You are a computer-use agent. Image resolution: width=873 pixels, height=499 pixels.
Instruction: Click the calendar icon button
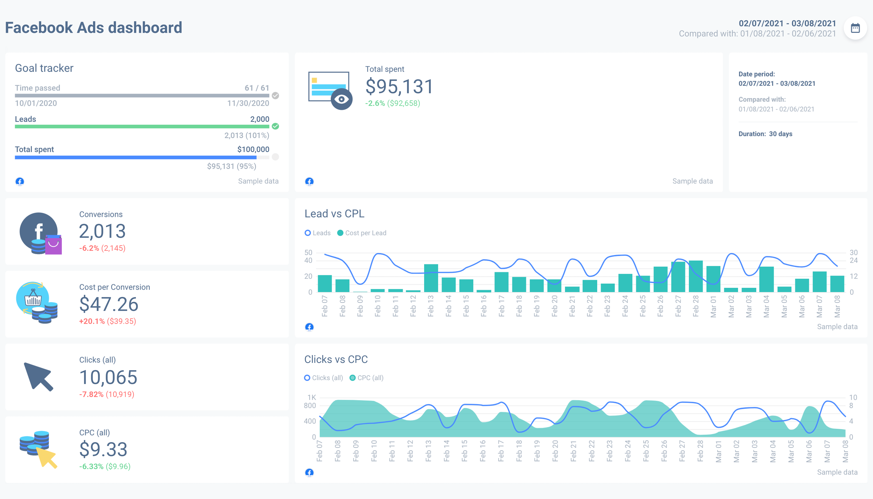[855, 28]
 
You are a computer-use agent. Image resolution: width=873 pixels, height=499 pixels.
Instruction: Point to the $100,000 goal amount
[253, 149]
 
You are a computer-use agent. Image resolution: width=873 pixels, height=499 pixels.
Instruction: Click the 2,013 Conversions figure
[102, 231]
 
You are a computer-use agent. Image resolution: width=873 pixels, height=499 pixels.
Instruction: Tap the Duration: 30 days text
[765, 134]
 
